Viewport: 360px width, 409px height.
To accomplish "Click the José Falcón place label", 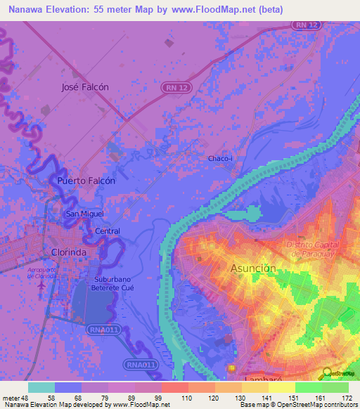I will pos(85,87).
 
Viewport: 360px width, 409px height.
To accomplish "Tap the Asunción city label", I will pos(253,268).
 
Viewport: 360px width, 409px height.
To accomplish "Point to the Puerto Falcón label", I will pos(86,180).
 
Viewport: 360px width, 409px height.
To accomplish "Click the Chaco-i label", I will pos(220,159).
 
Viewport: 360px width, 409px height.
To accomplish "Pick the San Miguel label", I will pos(84,214).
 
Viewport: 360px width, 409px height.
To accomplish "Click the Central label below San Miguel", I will pos(108,231).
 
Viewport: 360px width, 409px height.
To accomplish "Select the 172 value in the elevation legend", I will pos(346,398).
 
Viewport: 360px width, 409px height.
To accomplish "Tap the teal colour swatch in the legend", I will pos(41,387).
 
